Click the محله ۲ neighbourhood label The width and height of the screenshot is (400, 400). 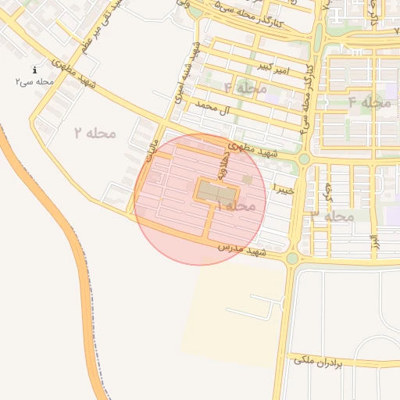click(95, 133)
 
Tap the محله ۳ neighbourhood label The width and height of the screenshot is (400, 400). click(332, 216)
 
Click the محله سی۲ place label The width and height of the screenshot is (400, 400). click(34, 81)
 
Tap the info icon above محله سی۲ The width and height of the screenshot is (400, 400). click(35, 70)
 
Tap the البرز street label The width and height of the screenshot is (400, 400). click(374, 241)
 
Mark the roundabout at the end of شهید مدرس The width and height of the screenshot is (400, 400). click(292, 259)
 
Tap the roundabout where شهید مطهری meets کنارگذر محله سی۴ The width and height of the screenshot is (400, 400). click(304, 159)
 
